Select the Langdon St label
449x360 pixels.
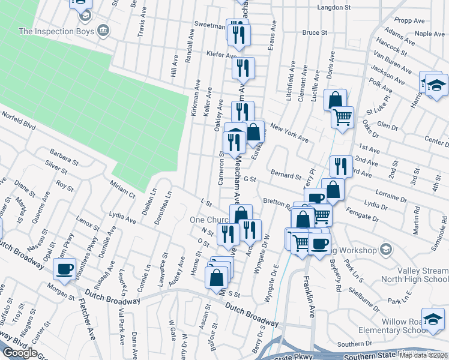pyautogui.click(x=334, y=7)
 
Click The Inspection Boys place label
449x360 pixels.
pyautogui.click(x=56, y=31)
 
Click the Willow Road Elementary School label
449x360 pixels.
pyautogui.click(x=391, y=325)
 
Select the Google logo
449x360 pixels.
pyautogui.click(x=20, y=353)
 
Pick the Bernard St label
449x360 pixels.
pyautogui.click(x=286, y=176)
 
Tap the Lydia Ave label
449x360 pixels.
pyautogui.click(x=123, y=217)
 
